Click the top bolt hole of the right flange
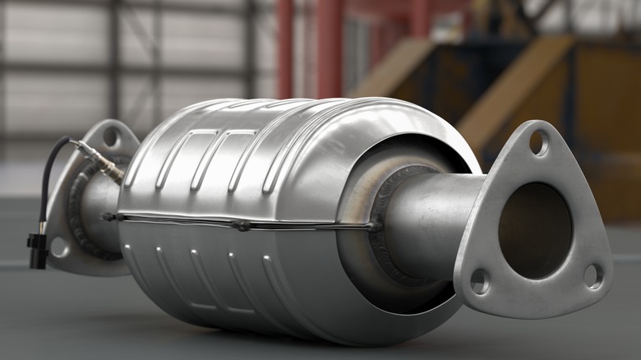point(539,143)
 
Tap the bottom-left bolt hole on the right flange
point(480,282)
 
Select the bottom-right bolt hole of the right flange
point(593,276)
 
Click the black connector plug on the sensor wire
point(37,250)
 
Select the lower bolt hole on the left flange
point(60,246)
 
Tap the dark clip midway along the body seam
point(242,224)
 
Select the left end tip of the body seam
point(108,217)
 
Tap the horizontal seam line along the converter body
point(181,219)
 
